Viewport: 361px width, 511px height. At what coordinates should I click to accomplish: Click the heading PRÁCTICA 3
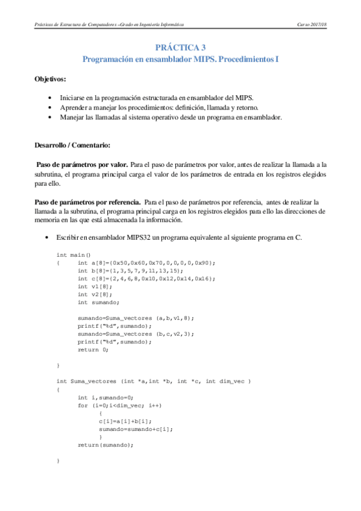pos(180,47)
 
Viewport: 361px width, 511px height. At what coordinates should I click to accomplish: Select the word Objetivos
pos(51,79)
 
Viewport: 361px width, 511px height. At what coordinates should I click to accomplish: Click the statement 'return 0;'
pos(93,349)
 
